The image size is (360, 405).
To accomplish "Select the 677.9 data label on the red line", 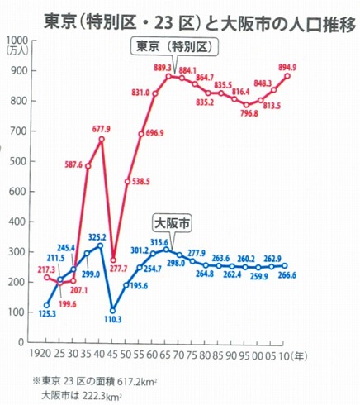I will click(x=102, y=129).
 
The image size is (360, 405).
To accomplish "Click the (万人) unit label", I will click(x=15, y=51).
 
